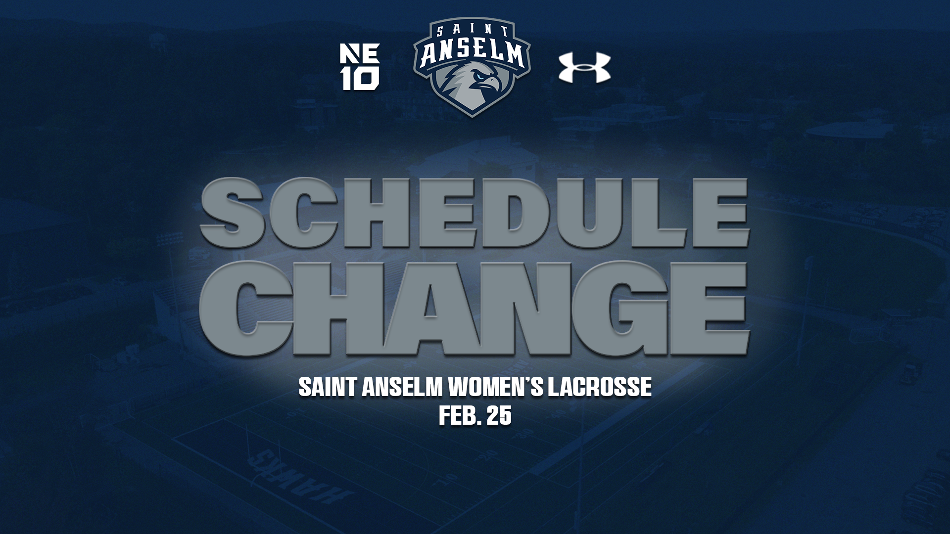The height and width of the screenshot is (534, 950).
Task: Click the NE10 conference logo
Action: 360,67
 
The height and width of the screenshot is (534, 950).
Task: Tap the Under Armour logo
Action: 584,68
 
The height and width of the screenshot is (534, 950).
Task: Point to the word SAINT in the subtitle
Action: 328,387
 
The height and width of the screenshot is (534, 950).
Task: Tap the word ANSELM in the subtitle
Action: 401,387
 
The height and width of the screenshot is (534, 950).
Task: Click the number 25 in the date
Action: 498,416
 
